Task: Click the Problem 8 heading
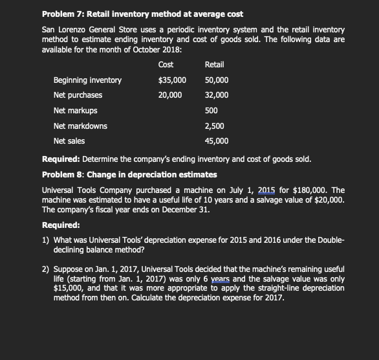tap(130, 175)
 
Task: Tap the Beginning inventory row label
tap(87, 80)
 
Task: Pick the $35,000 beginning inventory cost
tap(172, 80)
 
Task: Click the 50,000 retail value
tap(216, 80)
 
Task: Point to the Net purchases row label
tap(78, 95)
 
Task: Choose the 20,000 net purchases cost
tap(170, 95)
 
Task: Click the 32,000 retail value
tap(216, 95)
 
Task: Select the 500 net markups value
tap(211, 111)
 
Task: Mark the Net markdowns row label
tap(80, 126)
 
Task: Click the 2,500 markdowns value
tap(215, 126)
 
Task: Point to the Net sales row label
tap(69, 141)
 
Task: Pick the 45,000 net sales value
tap(216, 141)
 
